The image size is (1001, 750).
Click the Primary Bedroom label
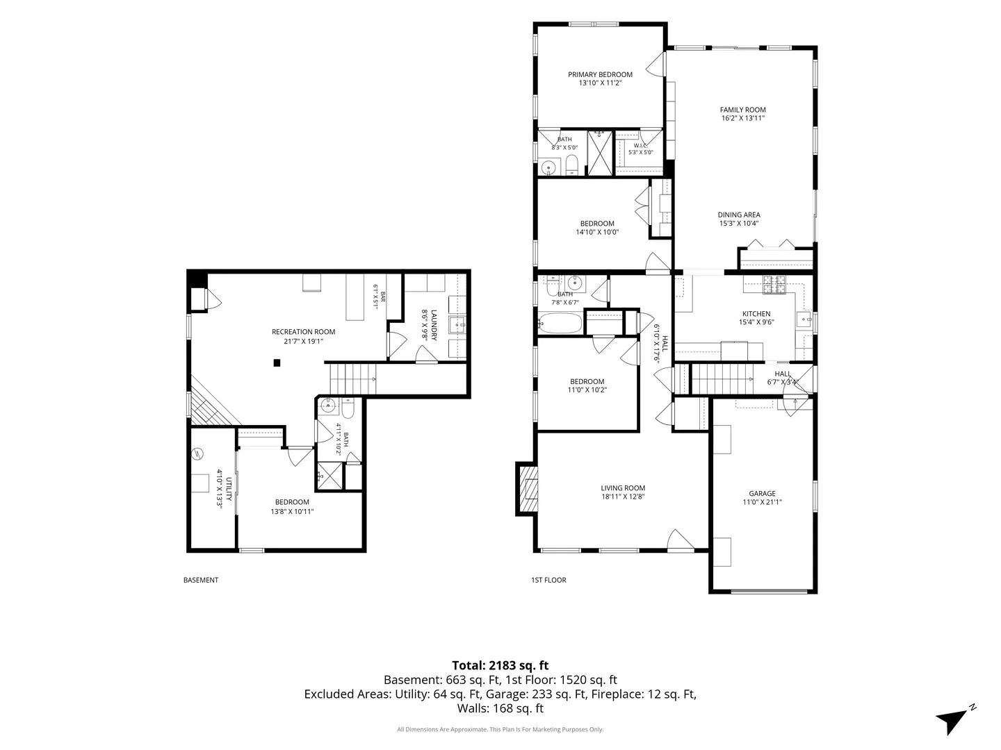coord(600,75)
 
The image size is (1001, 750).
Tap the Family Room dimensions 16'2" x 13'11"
coord(742,118)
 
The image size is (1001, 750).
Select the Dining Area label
coord(739,215)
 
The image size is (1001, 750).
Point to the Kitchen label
coord(756,314)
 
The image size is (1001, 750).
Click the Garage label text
coord(762,494)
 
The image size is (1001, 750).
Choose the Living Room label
coord(622,488)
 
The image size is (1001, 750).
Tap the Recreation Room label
coord(303,332)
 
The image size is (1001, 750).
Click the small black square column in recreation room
coord(277,363)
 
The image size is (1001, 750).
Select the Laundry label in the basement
coord(434,325)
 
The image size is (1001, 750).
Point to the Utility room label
coord(229,489)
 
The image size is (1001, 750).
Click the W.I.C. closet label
coord(640,146)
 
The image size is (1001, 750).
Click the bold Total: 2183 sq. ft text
coord(500,665)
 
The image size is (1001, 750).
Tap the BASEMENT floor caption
coord(201,580)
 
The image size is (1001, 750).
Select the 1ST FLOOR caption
coord(548,580)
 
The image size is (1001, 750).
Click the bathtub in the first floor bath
coord(560,324)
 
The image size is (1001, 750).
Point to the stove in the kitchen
coord(775,285)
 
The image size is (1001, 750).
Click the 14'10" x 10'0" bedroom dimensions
coord(597,232)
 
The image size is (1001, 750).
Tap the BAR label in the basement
coord(383,297)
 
